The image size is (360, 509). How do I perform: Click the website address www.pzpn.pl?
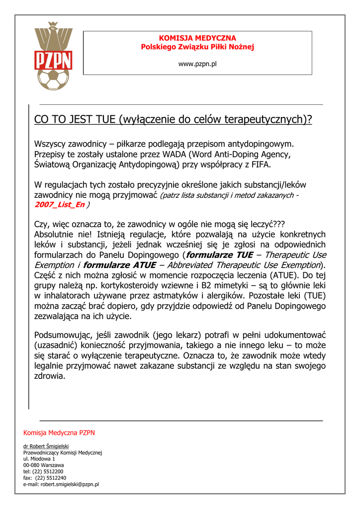(197, 64)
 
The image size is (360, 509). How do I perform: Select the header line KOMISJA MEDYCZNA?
(197, 38)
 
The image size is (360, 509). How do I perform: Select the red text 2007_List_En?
(59, 204)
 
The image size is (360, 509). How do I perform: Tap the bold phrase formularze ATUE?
(119, 264)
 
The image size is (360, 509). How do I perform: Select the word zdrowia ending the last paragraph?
(49, 376)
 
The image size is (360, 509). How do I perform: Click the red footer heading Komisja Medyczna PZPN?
(59, 432)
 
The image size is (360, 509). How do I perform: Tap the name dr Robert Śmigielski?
(46, 446)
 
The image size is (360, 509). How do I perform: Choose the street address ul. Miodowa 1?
(39, 459)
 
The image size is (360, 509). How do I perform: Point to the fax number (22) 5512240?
(50, 478)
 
